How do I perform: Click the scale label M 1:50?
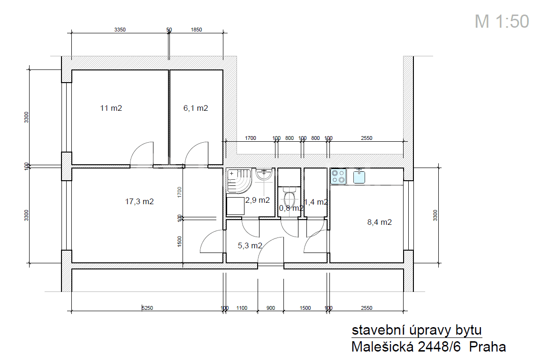(502, 21)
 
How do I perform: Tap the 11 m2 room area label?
(111, 108)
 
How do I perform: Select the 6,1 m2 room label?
(195, 108)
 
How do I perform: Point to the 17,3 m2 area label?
(139, 201)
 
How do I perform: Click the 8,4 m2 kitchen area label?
(379, 222)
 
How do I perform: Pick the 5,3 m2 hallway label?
(250, 245)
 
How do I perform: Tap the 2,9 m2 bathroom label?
(258, 200)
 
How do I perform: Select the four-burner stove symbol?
(338, 176)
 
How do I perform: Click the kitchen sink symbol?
(359, 176)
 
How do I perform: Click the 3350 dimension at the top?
(120, 30)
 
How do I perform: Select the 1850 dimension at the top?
(196, 30)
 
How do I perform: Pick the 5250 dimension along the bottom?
(147, 308)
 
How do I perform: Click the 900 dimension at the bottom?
(271, 308)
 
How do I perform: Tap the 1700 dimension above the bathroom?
(251, 138)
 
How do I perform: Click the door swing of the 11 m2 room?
(143, 154)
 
